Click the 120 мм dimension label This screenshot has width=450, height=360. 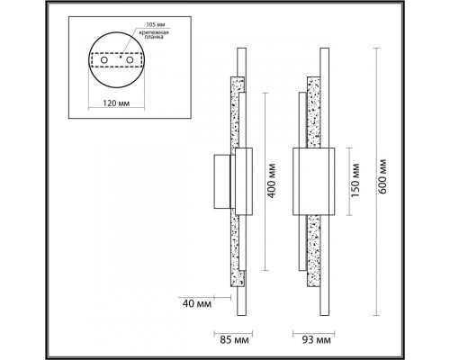pos(116,103)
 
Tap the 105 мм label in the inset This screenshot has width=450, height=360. pos(156,24)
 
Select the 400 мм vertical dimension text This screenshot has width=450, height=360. pos(272,181)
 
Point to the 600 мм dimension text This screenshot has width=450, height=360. pos(382,176)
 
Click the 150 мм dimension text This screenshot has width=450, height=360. pos(355,180)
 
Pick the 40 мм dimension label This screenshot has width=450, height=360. pos(197,303)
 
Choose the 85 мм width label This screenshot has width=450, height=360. pos(234,340)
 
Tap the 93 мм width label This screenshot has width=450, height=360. pos(316,340)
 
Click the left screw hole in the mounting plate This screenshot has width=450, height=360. pos(104,60)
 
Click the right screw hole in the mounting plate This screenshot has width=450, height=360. pos(130,60)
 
